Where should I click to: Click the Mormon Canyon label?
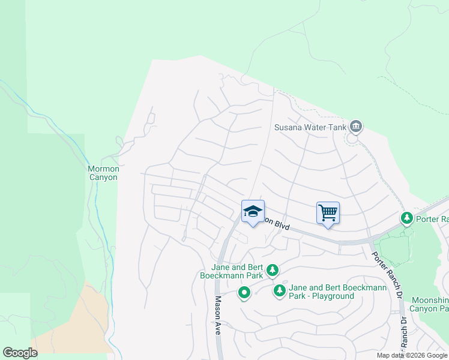tap(103, 173)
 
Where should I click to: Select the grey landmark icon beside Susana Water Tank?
tap(356, 126)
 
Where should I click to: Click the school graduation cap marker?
tap(253, 212)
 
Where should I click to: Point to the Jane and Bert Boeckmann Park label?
tap(230, 272)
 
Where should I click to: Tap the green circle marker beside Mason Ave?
tap(244, 293)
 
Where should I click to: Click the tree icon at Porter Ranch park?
tap(407, 217)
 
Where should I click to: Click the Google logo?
tap(20, 353)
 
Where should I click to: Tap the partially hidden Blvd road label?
tap(278, 224)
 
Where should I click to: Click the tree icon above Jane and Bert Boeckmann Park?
tap(273, 271)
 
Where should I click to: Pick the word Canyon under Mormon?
tap(103, 177)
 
